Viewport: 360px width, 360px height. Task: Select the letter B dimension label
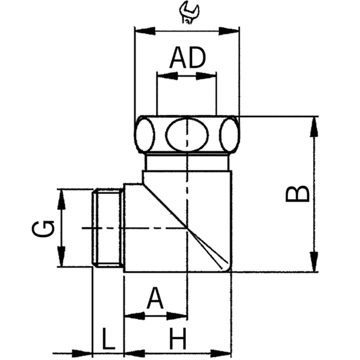pyautogui.click(x=298, y=194)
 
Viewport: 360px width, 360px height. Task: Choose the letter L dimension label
pyautogui.click(x=108, y=340)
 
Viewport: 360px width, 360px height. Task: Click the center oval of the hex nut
pyautogui.click(x=186, y=134)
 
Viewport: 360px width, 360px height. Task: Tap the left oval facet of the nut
pyautogui.click(x=145, y=134)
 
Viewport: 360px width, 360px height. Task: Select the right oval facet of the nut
pyautogui.click(x=229, y=134)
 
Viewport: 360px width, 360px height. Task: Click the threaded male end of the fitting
pyautogui.click(x=109, y=228)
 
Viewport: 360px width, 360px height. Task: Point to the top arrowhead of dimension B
pyautogui.click(x=314, y=124)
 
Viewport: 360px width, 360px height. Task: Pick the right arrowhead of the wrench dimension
pyautogui.click(x=232, y=29)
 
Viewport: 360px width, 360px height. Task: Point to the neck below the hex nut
pyautogui.click(x=187, y=162)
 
